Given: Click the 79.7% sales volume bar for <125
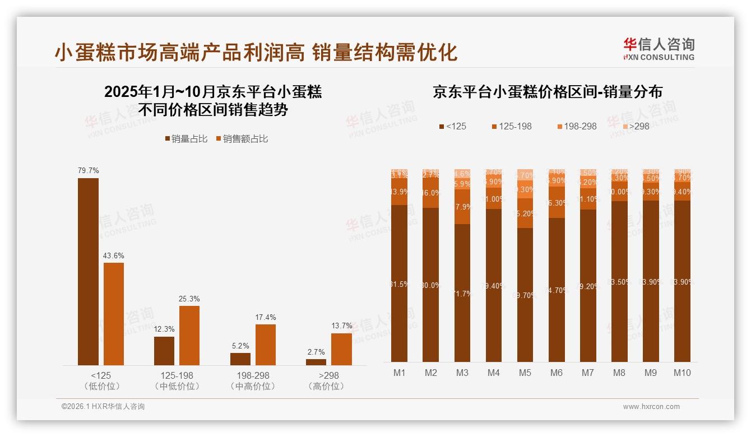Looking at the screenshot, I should (88, 272).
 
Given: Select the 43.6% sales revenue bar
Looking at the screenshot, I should (114, 314).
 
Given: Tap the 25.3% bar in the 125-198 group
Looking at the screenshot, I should (189, 335).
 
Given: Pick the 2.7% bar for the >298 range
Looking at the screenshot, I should (316, 362).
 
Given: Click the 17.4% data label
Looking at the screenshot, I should (266, 318).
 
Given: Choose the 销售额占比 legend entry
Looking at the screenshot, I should (242, 139).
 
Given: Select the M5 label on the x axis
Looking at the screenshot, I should (525, 373).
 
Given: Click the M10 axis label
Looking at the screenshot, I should (682, 373).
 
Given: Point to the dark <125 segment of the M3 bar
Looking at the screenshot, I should (462, 292).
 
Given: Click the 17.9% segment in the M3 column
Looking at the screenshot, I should (462, 207).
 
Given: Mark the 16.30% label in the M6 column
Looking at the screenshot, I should (557, 203).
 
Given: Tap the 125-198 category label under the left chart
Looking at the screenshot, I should (177, 375).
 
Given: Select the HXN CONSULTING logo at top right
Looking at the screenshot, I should (659, 49).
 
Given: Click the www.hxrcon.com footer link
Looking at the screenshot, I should (651, 407).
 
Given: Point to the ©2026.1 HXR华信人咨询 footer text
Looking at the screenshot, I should (103, 407).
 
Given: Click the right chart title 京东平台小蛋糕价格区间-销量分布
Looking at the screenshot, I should (547, 92).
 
